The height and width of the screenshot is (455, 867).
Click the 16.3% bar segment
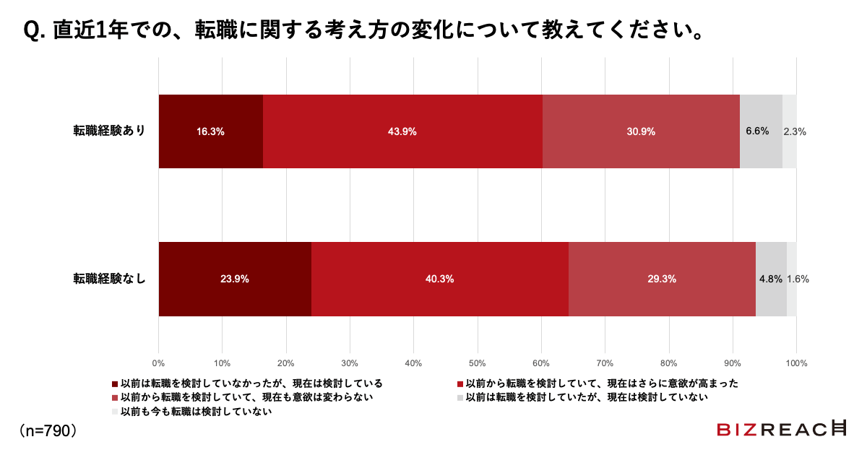click(x=210, y=131)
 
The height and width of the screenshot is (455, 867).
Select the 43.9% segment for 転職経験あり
click(x=402, y=131)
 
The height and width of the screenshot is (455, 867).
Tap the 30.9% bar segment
click(x=641, y=131)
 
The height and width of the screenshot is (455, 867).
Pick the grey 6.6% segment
click(x=761, y=131)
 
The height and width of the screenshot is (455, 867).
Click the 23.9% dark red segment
click(x=235, y=279)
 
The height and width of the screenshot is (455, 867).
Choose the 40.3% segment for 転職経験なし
click(x=439, y=279)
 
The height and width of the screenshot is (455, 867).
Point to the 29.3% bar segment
click(x=662, y=279)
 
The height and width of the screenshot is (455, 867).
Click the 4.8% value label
click(x=770, y=279)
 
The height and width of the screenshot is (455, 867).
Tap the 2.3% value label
click(x=794, y=131)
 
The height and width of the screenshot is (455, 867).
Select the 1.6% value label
click(x=798, y=279)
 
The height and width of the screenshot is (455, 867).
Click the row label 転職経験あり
click(x=109, y=131)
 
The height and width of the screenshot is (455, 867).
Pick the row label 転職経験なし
click(x=109, y=278)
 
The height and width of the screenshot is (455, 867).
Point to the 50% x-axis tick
click(x=478, y=362)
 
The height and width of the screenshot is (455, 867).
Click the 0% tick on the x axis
click(x=159, y=362)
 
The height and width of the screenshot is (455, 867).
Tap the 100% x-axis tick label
click(x=796, y=362)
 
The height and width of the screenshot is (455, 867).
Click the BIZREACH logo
click(x=781, y=429)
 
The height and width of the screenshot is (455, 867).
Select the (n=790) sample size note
click(x=48, y=430)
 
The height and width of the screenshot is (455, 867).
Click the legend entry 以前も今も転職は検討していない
click(x=195, y=412)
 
